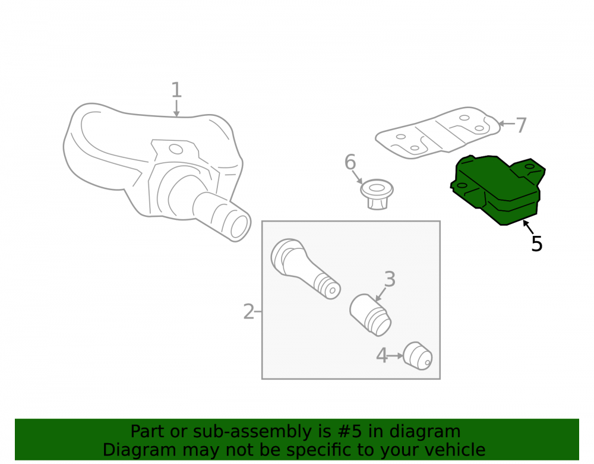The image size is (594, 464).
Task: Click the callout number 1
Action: (x=176, y=90)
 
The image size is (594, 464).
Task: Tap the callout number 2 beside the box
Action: (x=248, y=312)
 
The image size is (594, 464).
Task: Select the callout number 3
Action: (x=390, y=279)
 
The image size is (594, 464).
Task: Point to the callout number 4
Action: (x=382, y=356)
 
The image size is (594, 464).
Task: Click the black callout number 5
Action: (x=537, y=244)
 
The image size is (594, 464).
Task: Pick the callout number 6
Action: (x=350, y=162)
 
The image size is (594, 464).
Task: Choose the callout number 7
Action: (x=522, y=125)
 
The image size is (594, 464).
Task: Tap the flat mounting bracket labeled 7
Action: (x=438, y=132)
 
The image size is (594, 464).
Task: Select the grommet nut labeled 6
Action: (x=377, y=194)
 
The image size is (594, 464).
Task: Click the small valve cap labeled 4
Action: (x=418, y=356)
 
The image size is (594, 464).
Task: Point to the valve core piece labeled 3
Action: (x=370, y=315)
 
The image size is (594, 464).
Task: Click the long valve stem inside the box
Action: (x=305, y=269)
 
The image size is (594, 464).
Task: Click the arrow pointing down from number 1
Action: (x=176, y=108)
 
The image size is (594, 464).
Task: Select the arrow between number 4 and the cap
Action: (x=396, y=356)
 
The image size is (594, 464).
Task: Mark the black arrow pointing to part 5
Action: (x=528, y=226)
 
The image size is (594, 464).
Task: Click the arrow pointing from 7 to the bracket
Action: (x=507, y=124)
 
